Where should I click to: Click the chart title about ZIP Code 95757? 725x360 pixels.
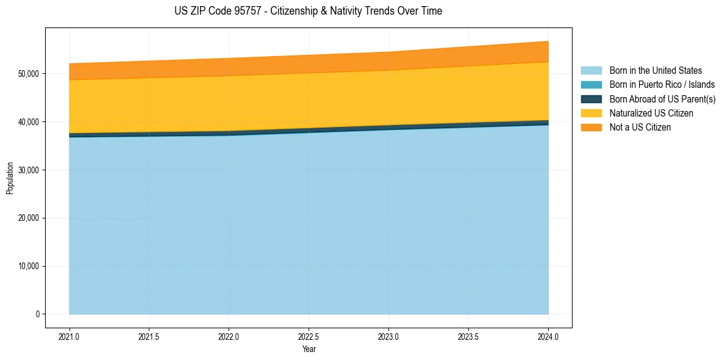point(308,11)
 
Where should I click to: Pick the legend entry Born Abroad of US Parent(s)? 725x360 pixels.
point(662,99)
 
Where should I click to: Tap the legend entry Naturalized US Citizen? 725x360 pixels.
point(651,113)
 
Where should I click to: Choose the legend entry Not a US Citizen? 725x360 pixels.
point(640,127)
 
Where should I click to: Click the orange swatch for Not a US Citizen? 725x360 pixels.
point(591,127)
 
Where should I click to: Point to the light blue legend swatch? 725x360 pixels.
point(591,71)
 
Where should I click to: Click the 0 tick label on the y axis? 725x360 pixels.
point(37,314)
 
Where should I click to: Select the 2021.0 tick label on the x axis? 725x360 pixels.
point(69,336)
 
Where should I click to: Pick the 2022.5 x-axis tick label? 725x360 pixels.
point(309,336)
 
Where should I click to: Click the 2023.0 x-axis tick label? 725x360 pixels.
point(388,336)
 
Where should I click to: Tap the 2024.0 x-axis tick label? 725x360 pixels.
point(548,336)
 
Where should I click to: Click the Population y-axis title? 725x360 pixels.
point(10,178)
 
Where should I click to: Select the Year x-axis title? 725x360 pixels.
point(309,349)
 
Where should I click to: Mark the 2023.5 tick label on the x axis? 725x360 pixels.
point(468,336)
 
